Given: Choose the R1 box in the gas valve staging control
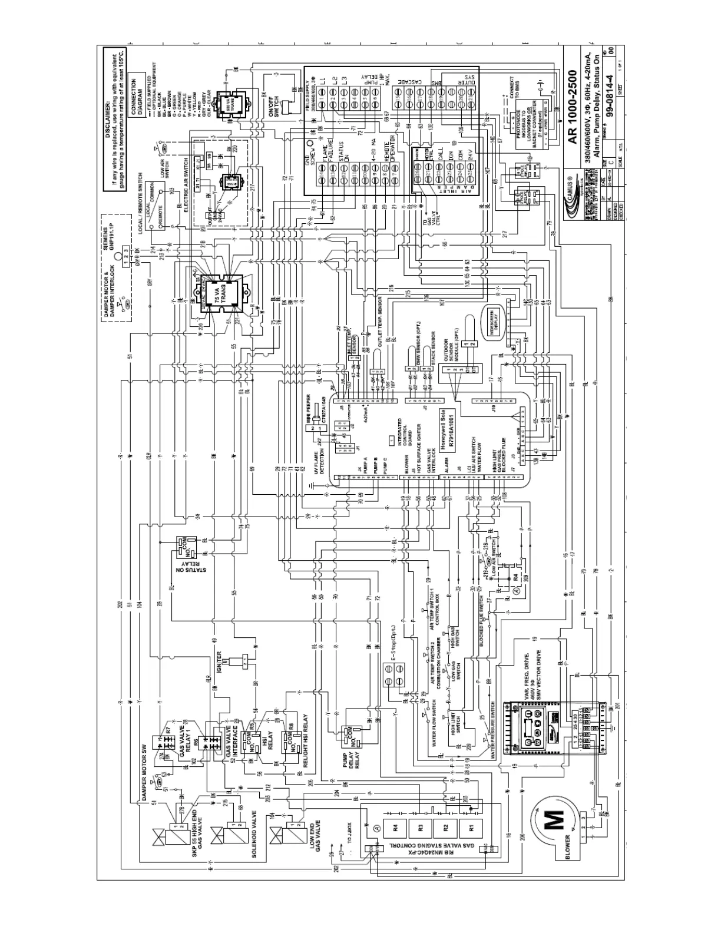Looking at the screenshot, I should [x=471, y=826].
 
